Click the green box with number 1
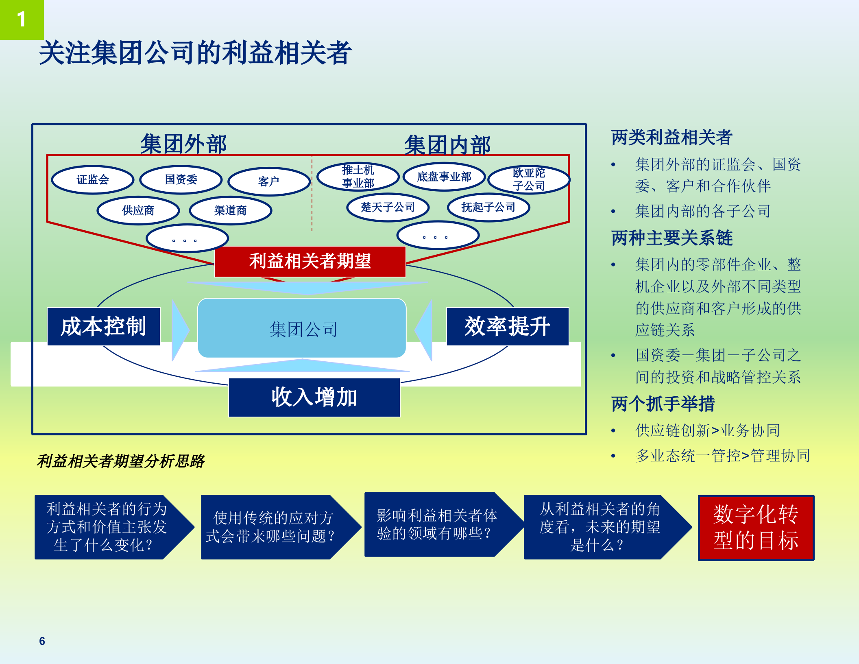tap(22, 19)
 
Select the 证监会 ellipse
tap(93, 179)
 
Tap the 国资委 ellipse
tap(181, 179)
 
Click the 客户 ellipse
tap(269, 181)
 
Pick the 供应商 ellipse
tap(138, 210)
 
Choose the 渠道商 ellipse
tap(231, 210)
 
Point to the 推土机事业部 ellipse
tap(358, 177)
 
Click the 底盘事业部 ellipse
tap(444, 177)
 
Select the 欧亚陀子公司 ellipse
tap(529, 179)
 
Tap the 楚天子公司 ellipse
tap(388, 207)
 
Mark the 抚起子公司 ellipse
tap(488, 207)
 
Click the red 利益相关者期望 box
tap(310, 261)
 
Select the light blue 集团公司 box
tap(302, 328)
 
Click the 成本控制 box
tap(104, 326)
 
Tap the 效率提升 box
tap(508, 326)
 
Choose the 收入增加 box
tap(314, 397)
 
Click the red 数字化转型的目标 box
tap(756, 528)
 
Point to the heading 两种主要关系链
tap(672, 238)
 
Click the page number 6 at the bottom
tap(42, 641)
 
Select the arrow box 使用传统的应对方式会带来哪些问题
tap(270, 527)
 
